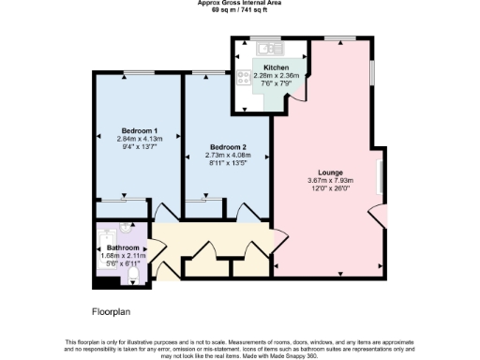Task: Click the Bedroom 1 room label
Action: [137, 130]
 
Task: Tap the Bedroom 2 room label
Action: [228, 147]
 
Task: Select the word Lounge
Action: [329, 172]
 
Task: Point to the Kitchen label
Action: [276, 68]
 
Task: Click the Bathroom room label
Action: [123, 247]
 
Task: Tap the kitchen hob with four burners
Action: [244, 81]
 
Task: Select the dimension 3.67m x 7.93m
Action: [329, 181]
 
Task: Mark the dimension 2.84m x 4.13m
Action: [137, 139]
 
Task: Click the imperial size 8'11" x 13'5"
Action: [228, 164]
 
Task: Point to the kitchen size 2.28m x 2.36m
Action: [276, 77]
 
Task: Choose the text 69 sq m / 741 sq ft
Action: [239, 10]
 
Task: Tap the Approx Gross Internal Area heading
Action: [239, 4]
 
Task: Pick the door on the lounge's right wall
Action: [378, 215]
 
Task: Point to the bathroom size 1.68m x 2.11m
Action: [123, 256]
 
